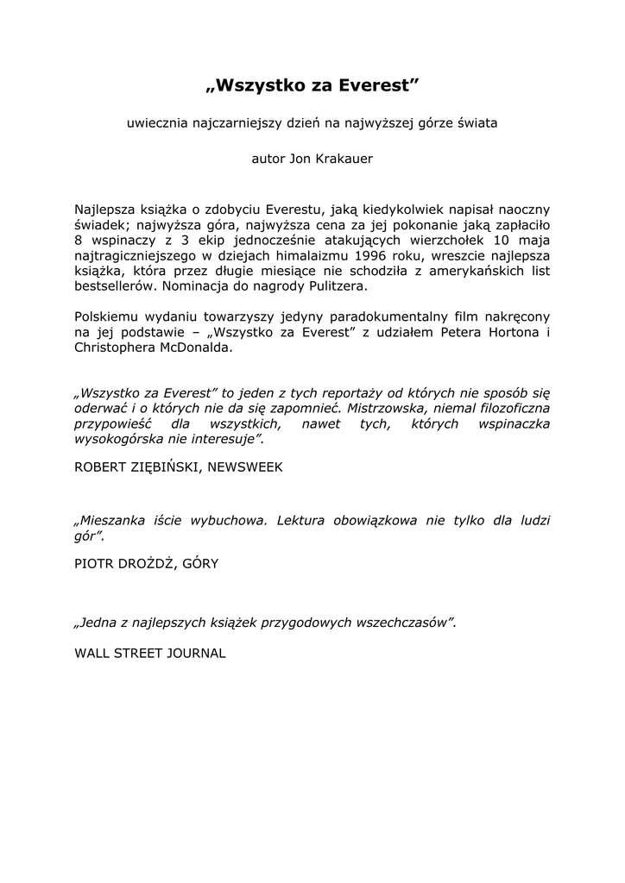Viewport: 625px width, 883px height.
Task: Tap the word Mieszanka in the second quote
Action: [111, 521]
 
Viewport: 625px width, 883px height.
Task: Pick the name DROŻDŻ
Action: [141, 563]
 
